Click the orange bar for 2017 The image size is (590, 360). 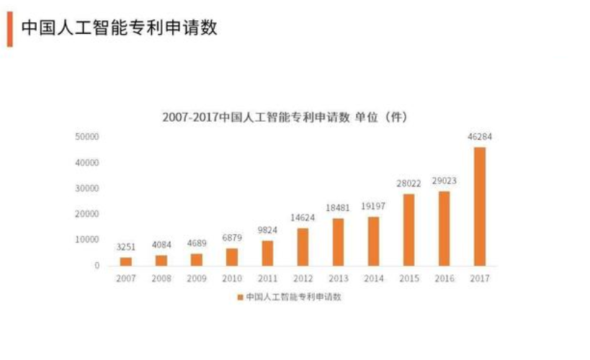479,207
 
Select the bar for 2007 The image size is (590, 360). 126,261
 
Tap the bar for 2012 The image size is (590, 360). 303,247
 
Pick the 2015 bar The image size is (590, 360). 408,230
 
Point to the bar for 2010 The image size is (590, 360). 232,257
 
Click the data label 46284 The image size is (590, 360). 479,137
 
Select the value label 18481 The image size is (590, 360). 338,207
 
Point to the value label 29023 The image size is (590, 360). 444,181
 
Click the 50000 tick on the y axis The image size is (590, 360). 87,137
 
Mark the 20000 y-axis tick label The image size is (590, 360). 87,214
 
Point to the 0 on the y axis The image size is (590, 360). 97,266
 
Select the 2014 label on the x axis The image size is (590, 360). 373,279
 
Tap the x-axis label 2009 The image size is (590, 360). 197,279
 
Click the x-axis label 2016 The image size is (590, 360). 444,279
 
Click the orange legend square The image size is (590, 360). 241,297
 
